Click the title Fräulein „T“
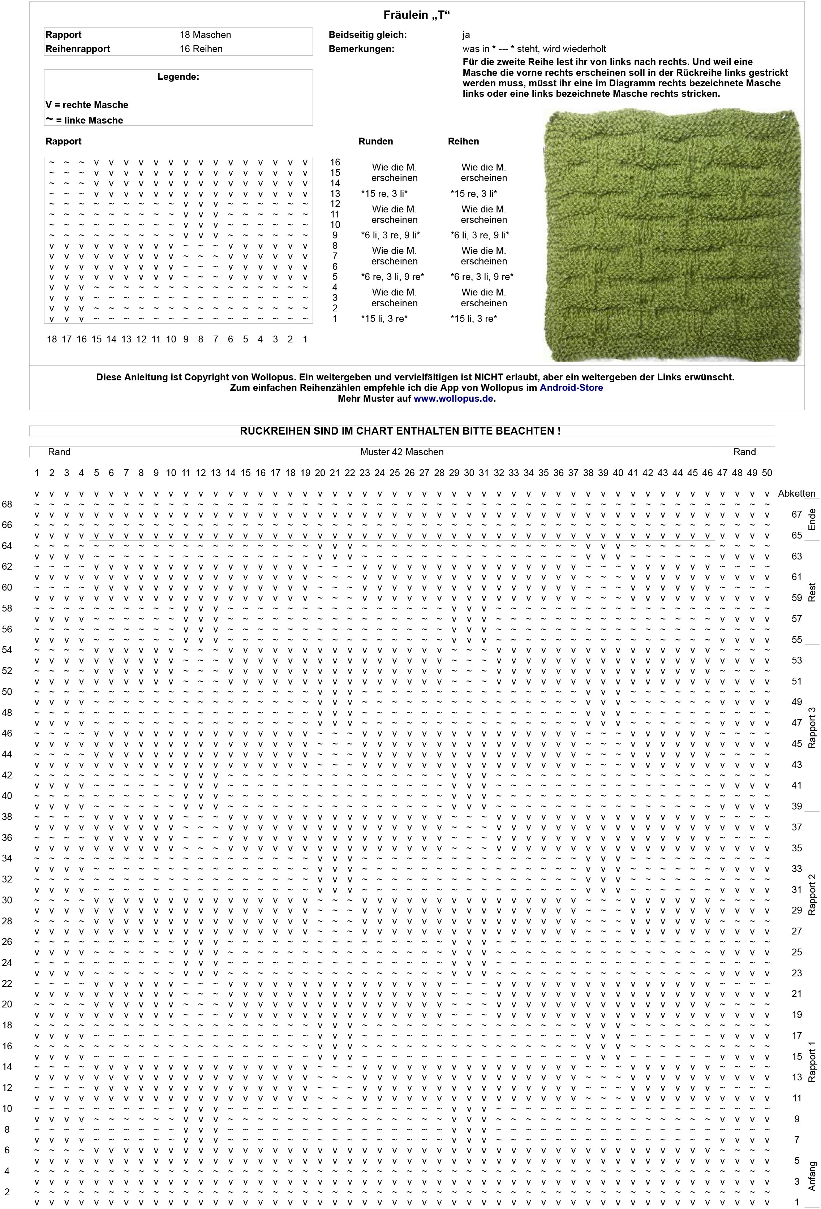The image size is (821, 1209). [416, 15]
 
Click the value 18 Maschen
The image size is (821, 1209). [205, 35]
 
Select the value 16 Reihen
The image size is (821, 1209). [201, 49]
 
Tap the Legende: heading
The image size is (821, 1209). [178, 77]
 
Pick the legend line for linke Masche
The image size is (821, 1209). [84, 120]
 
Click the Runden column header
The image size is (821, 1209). [376, 142]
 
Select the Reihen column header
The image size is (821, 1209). [463, 142]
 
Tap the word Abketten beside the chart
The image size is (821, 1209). [796, 494]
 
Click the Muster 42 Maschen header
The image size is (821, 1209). [402, 452]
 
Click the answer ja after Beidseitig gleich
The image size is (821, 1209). [466, 35]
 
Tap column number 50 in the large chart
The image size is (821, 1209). [766, 473]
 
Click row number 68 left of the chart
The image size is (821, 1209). [7, 504]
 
